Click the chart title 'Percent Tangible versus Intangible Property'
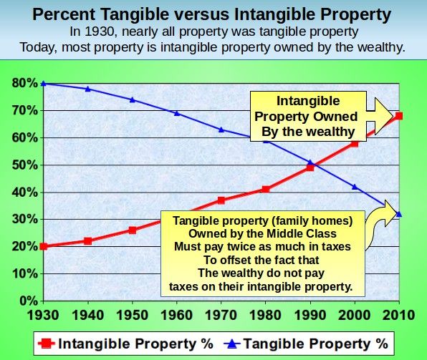pos(212,14)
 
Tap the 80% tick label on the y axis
pos(25,83)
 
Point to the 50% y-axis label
pos(25,165)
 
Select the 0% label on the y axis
pos(29,301)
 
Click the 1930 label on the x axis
pos(43,315)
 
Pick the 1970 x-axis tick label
pos(221,315)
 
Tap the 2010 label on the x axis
pos(399,315)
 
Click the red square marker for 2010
pos(399,116)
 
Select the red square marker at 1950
pos(133,230)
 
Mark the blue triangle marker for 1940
pos(87,89)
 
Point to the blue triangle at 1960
pos(177,113)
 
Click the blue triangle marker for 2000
pos(355,187)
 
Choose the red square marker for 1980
pos(266,190)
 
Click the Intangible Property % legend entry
pos(125,344)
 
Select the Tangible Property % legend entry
pos(306,344)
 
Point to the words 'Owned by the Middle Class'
pos(262,234)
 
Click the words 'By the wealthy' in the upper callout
pos(308,132)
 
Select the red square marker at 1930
pos(43,246)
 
